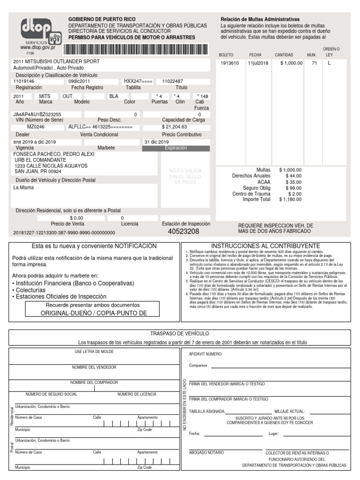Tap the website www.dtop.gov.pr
[37, 47]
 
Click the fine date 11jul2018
[258, 63]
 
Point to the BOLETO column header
[226, 55]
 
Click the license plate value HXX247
[138, 81]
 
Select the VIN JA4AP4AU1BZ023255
[37, 114]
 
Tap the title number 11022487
[172, 81]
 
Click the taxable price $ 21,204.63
[174, 127]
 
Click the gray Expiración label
[176, 148]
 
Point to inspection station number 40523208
[183, 232]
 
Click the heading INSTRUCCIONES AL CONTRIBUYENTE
[265, 246]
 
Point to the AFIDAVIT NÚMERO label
[205, 354]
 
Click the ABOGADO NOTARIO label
[207, 453]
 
